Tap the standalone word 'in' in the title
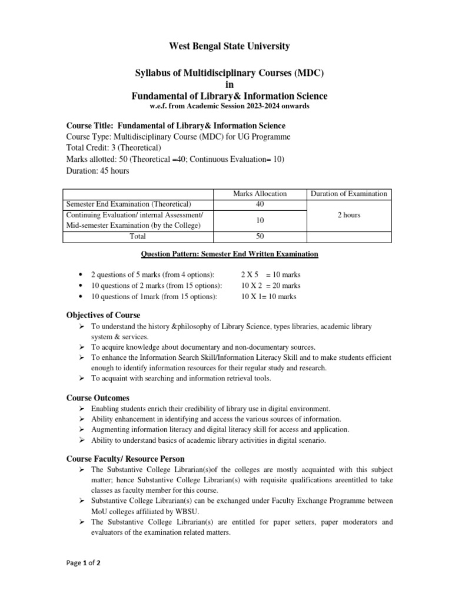[x=230, y=84]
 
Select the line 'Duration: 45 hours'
[x=97, y=171]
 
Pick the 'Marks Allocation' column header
[x=260, y=193]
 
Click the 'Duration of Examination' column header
[x=348, y=193]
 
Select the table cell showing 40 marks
[x=260, y=204]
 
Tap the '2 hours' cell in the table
[x=348, y=215]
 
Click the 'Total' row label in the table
[x=138, y=236]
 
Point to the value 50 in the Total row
[x=260, y=236]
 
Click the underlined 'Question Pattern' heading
[x=230, y=254]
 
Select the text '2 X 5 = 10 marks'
[x=271, y=275]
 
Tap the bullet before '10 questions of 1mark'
[x=79, y=297]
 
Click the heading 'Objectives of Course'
[x=102, y=316]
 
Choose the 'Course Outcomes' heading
[x=97, y=398]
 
